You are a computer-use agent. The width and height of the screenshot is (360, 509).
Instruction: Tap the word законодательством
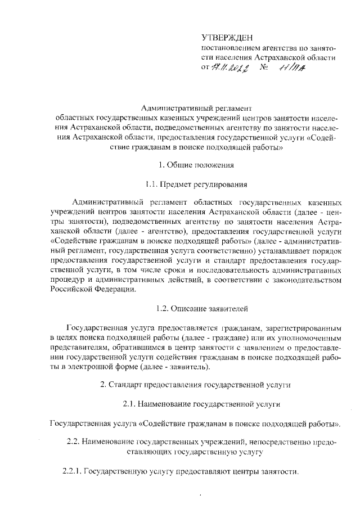[303, 280]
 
